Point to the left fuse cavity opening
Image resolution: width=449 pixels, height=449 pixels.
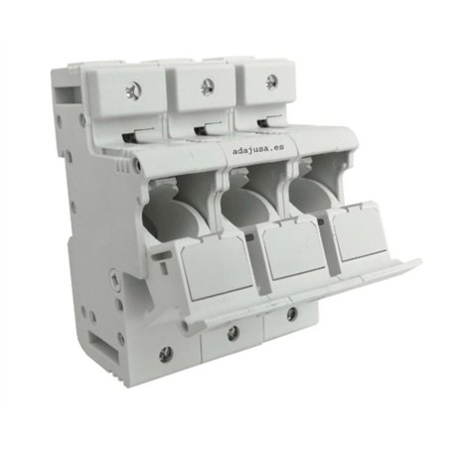[185, 202]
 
